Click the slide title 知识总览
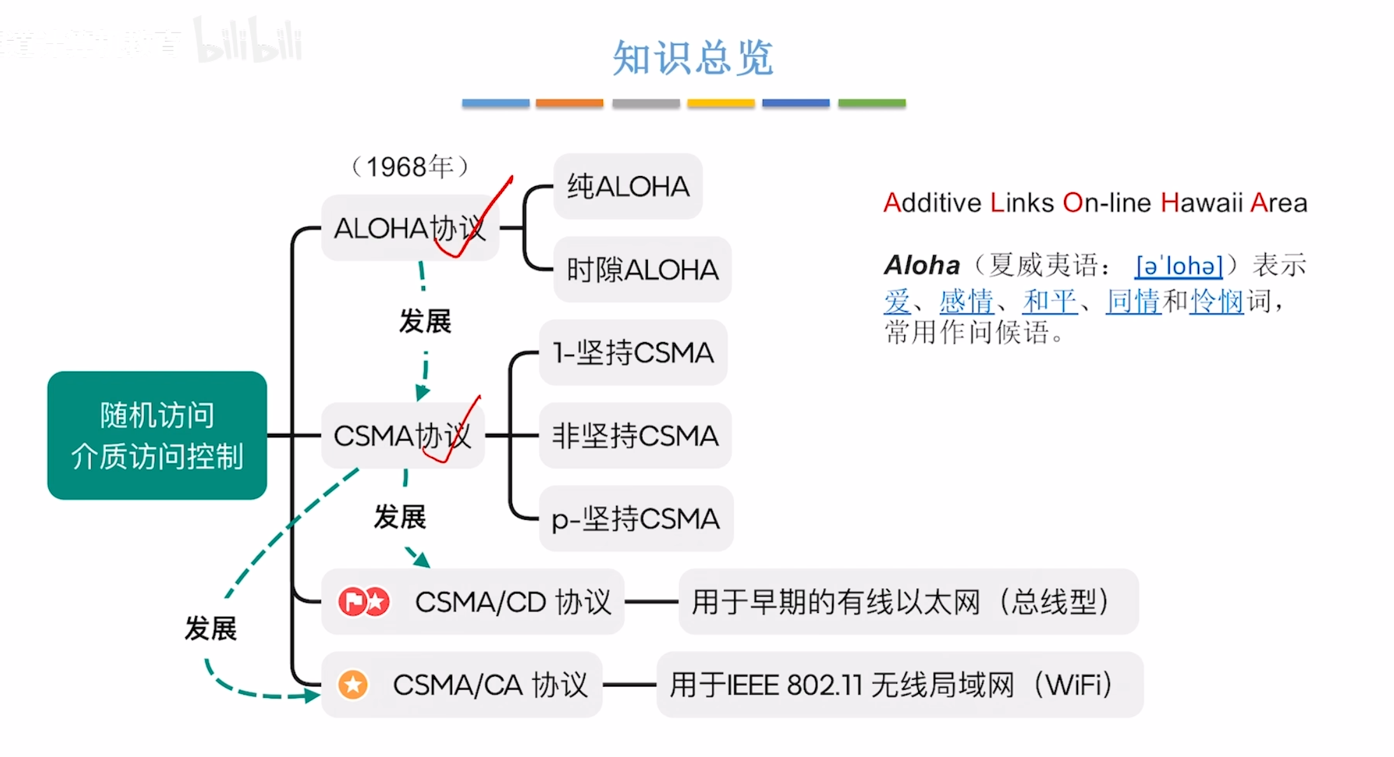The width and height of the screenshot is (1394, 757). (693, 58)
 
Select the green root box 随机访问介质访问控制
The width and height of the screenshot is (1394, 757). (157, 435)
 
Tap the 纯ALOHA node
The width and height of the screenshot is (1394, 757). (628, 187)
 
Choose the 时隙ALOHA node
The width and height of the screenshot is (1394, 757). (642, 270)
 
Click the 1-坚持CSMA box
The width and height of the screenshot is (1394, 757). (633, 352)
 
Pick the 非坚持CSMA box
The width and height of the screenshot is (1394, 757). (635, 436)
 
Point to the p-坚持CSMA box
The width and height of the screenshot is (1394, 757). (636, 519)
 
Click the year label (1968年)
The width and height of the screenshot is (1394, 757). (410, 167)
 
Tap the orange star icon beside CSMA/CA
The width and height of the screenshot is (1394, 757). (353, 685)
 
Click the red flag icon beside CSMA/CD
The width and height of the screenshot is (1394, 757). (352, 602)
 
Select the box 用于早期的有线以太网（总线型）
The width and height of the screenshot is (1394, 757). (908, 602)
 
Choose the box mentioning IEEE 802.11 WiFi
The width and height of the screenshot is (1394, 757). (900, 685)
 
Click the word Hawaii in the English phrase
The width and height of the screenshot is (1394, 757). (1202, 203)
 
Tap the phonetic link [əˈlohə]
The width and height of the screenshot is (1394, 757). (1179, 266)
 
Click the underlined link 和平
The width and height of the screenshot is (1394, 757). (1049, 301)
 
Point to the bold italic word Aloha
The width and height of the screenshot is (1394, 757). (922, 265)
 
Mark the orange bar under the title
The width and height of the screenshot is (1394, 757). (569, 103)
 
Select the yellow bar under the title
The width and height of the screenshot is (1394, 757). (721, 103)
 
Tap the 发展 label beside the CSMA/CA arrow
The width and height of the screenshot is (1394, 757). (210, 628)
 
